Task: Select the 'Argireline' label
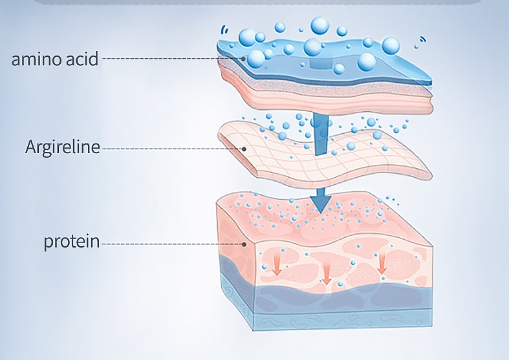(63, 147)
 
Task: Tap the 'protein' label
(71, 242)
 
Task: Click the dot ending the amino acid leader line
(243, 59)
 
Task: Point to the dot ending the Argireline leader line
(244, 149)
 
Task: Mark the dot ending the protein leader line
(244, 244)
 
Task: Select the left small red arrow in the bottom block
(276, 264)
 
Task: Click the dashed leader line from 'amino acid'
(171, 59)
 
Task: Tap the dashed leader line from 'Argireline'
(172, 149)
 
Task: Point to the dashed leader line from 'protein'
(172, 244)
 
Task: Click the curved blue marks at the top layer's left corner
(224, 30)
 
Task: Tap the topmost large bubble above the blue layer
(319, 25)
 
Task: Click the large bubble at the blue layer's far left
(247, 37)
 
